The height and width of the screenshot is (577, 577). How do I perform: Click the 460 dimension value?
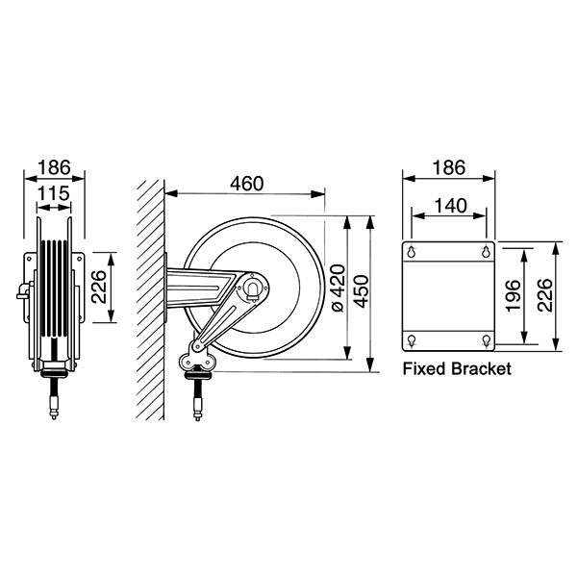pos(247,184)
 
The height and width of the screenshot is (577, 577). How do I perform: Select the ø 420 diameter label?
pos(339,288)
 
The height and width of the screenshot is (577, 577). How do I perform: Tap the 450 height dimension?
pos(361,291)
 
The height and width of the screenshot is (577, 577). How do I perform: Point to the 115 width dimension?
pos(54,193)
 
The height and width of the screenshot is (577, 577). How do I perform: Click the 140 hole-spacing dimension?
pos(450,206)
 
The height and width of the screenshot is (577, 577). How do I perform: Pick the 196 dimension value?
pos(514,296)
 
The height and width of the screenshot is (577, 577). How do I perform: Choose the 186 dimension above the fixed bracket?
pos(449,167)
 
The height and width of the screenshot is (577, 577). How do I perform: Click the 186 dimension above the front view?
pos(54,167)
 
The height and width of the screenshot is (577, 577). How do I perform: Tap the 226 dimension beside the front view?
pos(99,287)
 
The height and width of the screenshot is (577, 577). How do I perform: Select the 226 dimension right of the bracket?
pos(544,295)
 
